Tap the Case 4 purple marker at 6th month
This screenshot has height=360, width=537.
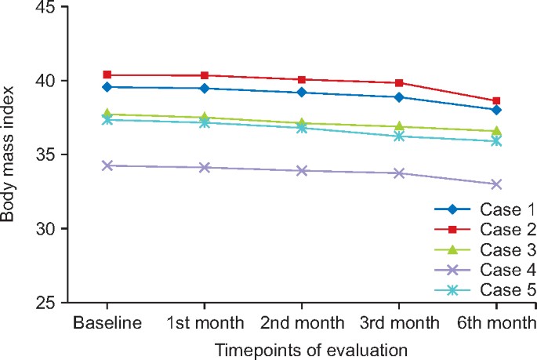(x=495, y=184)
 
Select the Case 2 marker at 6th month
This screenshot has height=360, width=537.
(x=495, y=101)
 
